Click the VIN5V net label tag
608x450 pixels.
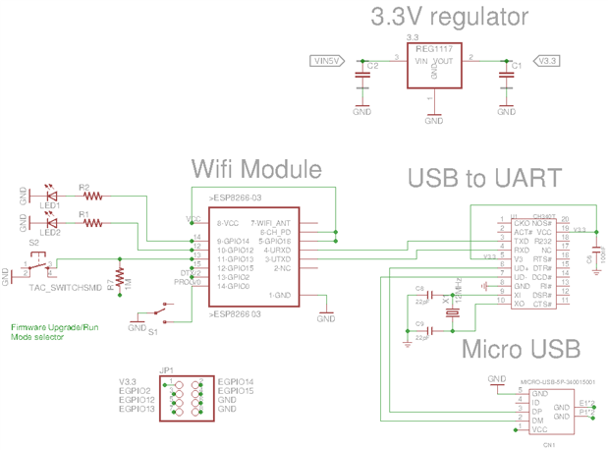tap(327, 61)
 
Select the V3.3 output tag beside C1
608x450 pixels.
tap(548, 61)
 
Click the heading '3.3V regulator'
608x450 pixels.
tap(449, 17)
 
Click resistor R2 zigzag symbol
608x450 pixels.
tap(92, 196)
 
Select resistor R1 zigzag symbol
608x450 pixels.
tap(92, 223)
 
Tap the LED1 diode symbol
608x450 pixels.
tap(50, 196)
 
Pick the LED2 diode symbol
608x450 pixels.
tap(50, 223)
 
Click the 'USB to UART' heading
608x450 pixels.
tap(484, 178)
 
